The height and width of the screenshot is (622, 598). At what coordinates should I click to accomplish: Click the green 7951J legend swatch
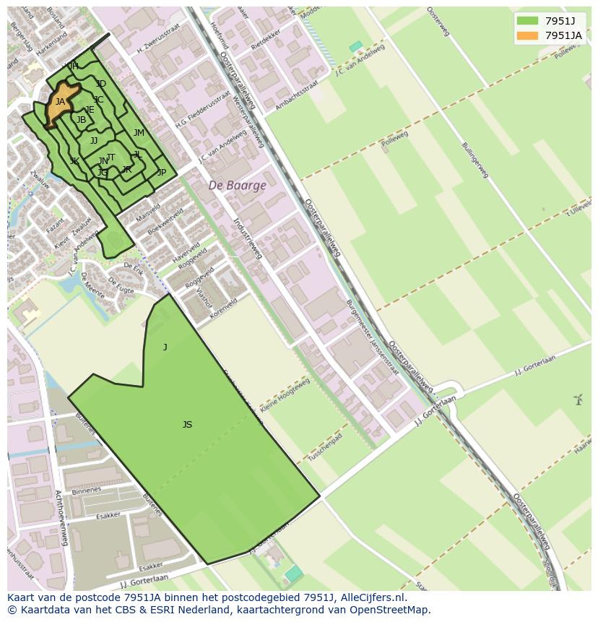point(527,21)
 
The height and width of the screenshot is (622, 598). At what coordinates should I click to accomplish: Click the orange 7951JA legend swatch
point(527,35)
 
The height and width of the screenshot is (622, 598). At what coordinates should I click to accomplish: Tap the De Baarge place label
point(238,186)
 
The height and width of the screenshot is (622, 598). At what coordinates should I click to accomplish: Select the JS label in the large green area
point(187,425)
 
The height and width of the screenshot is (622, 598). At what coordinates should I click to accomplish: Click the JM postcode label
point(139,133)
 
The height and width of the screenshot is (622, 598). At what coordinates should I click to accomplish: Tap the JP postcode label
point(162,173)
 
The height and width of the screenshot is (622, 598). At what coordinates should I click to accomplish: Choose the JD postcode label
point(101,85)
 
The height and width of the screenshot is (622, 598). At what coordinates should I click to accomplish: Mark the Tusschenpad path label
point(325,448)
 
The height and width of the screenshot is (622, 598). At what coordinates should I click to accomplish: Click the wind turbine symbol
point(578,399)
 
